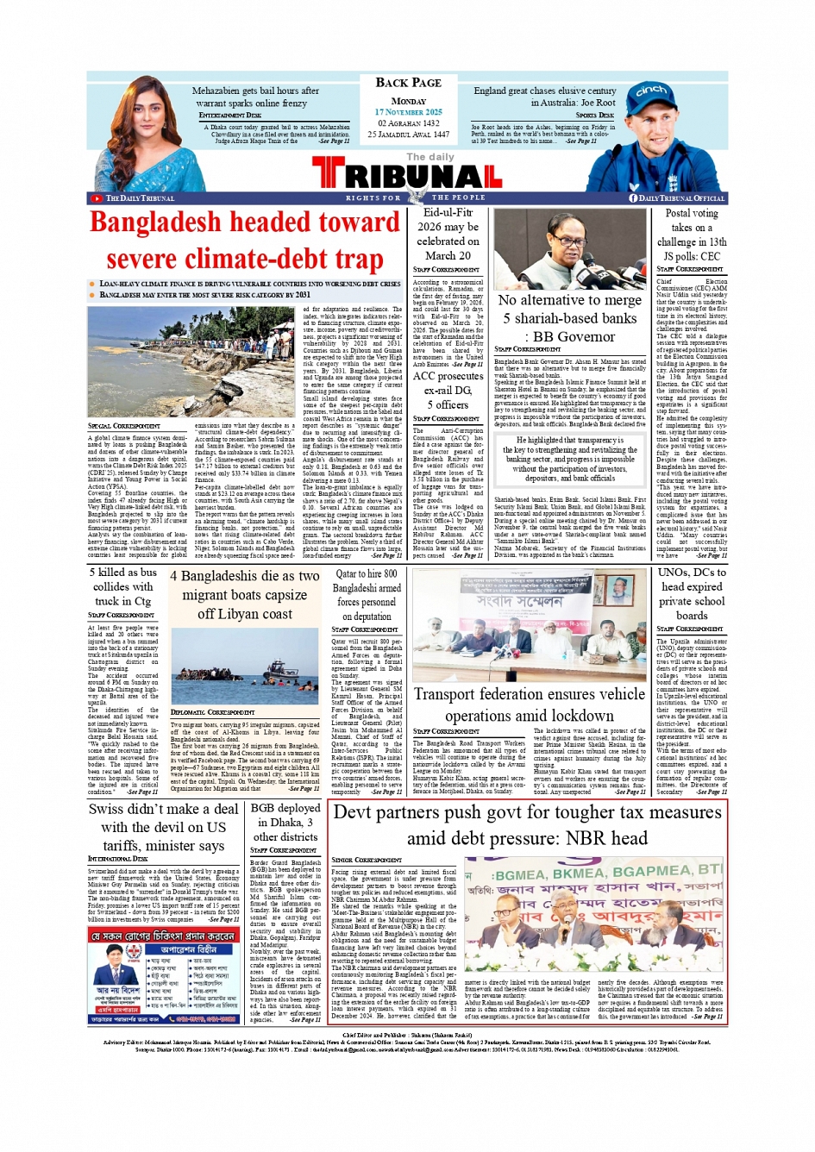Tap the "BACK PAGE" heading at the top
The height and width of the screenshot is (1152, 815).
[x=408, y=83]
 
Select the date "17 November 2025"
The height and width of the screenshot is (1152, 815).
[x=408, y=112]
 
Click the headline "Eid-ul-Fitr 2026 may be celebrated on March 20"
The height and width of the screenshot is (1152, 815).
[x=448, y=234]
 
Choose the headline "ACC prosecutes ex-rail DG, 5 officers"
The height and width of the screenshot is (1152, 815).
[x=448, y=390]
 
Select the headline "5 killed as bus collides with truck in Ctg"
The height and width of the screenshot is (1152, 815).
[x=123, y=586]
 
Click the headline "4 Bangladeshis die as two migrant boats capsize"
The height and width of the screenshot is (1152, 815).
[x=245, y=594]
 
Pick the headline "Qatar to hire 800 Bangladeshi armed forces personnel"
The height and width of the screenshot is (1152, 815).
[x=367, y=595]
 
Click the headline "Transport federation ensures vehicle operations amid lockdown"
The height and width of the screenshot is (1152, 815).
[x=529, y=704]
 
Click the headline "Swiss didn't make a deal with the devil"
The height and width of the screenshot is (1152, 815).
[x=164, y=827]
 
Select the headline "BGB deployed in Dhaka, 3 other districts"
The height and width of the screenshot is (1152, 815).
[x=285, y=822]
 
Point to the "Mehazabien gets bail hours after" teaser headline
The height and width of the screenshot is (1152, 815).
[x=255, y=91]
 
